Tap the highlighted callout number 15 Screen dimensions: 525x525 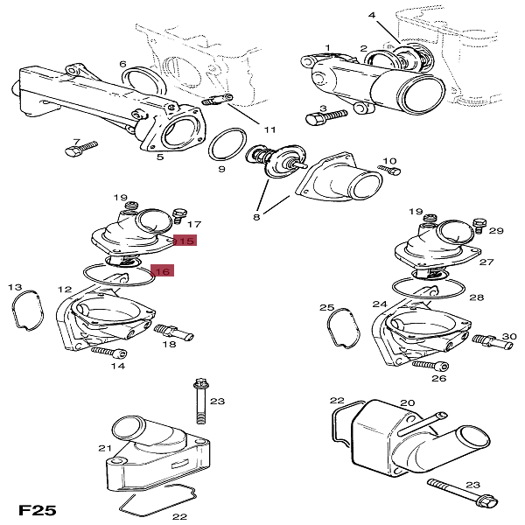pyautogui.click(x=184, y=240)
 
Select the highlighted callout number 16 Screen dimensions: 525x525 pyautogui.click(x=163, y=271)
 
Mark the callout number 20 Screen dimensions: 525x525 pyautogui.click(x=406, y=403)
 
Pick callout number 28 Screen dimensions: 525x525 pyautogui.click(x=477, y=297)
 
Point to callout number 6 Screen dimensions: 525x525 pyautogui.click(x=123, y=64)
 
